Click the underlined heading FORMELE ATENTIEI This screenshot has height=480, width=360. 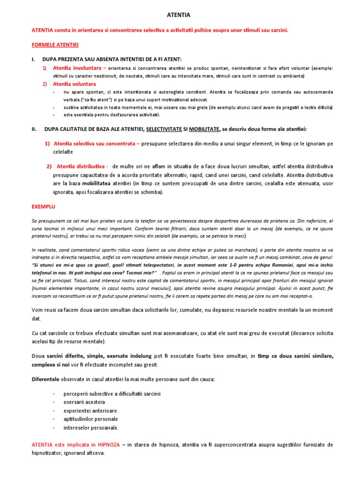pyautogui.click(x=55, y=45)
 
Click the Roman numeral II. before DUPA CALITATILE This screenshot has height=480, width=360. pyautogui.click(x=34, y=129)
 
